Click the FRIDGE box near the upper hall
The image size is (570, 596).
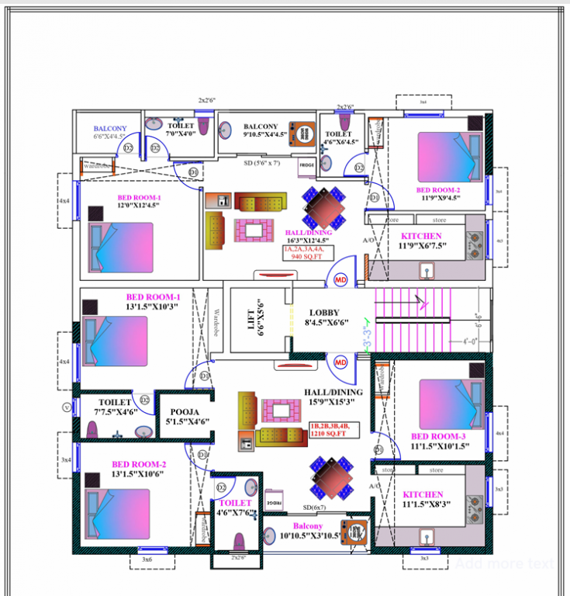(306, 165)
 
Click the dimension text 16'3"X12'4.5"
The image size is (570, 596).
(308, 241)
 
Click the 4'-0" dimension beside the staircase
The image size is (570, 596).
(469, 341)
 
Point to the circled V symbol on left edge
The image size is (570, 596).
(66, 407)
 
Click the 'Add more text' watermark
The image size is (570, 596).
(504, 564)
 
